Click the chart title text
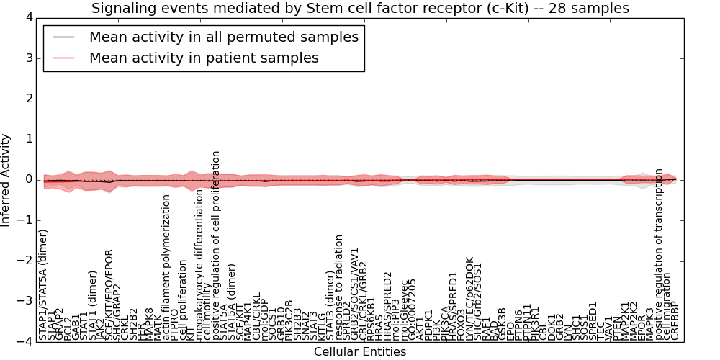[x=360, y=8]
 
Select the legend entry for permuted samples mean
[x=223, y=37]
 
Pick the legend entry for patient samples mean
[x=204, y=58]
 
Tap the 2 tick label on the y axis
[x=28, y=99]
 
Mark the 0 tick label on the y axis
[x=28, y=179]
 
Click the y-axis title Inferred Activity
[x=6, y=179]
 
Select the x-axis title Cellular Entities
[x=360, y=352]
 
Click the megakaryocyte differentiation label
[x=199, y=264]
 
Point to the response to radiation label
[x=339, y=287]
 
